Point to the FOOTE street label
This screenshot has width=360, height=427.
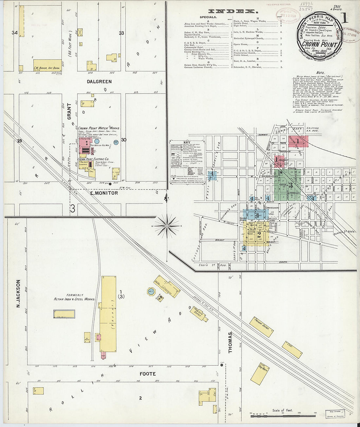pyautogui.click(x=148, y=374)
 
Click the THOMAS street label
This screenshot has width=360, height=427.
pyautogui.click(x=230, y=342)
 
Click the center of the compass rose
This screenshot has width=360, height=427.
pyautogui.click(x=167, y=226)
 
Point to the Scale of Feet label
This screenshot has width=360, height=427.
pyautogui.click(x=282, y=410)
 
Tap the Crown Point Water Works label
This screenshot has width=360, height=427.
pyautogui.click(x=99, y=128)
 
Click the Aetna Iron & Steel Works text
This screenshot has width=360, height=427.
pyautogui.click(x=75, y=299)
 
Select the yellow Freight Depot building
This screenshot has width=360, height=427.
pyautogui.click(x=261, y=327)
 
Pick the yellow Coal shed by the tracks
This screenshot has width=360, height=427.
pyautogui.click(x=292, y=350)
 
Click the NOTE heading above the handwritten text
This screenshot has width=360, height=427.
pyautogui.click(x=320, y=73)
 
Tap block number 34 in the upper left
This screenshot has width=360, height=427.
pyautogui.click(x=14, y=33)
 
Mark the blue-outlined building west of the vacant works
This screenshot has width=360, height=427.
pyautogui.click(x=64, y=314)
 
